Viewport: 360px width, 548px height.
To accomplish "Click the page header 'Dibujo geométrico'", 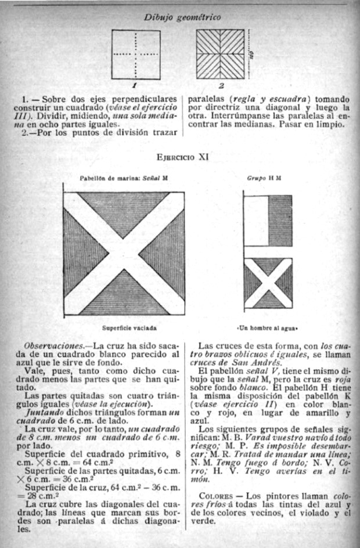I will (182, 17).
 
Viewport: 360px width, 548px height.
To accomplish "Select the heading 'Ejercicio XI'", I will (182, 156).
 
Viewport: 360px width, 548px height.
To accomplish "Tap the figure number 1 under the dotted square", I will (135, 85).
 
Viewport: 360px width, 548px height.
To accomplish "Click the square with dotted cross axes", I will (136, 54).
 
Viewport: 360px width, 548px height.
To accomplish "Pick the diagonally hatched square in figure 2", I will (221, 54).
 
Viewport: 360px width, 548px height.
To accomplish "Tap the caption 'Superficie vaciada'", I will (124, 327).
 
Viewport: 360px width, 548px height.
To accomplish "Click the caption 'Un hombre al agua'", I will (268, 327).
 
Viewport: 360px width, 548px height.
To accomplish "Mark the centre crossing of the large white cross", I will (124, 253).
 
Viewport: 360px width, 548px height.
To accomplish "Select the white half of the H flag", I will (256, 221).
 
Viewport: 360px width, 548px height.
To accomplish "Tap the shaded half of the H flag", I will (280, 221).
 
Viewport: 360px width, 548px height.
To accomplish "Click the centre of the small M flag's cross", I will (268, 283).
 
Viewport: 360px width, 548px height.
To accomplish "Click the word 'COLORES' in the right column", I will (215, 497).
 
